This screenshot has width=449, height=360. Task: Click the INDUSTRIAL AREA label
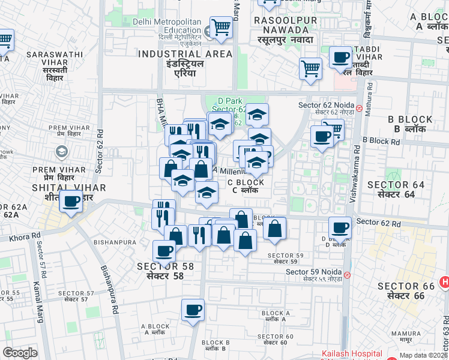coord(185,59)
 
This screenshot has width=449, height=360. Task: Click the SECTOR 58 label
coord(164,271)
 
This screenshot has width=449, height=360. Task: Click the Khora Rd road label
coord(24,238)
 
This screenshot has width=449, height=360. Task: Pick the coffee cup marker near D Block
coord(340,228)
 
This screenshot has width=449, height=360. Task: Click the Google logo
coord(20,353)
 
